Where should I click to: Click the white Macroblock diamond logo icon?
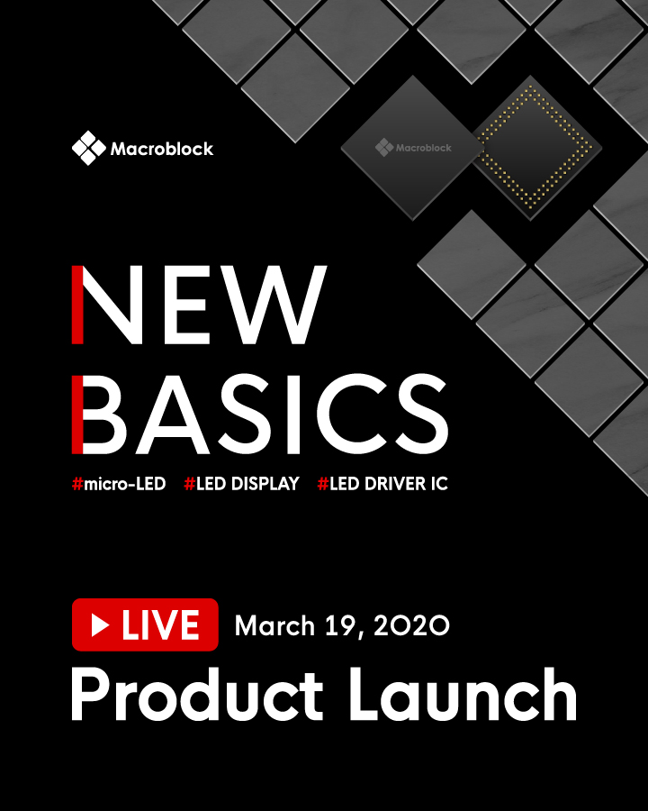point(88,148)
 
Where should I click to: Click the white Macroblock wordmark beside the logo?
point(162,149)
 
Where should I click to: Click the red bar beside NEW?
point(77,305)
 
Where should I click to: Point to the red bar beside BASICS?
point(77,415)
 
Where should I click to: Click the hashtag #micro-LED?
point(119,484)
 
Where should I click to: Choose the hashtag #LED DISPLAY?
point(242,484)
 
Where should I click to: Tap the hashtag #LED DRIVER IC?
point(382,484)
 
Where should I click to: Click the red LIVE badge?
point(145,624)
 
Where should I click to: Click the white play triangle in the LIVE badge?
point(100,625)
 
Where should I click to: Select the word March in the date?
point(274,626)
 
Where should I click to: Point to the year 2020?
point(411,626)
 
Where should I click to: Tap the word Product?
point(197,694)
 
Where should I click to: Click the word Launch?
point(463,694)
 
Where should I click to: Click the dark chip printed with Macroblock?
point(412,148)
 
